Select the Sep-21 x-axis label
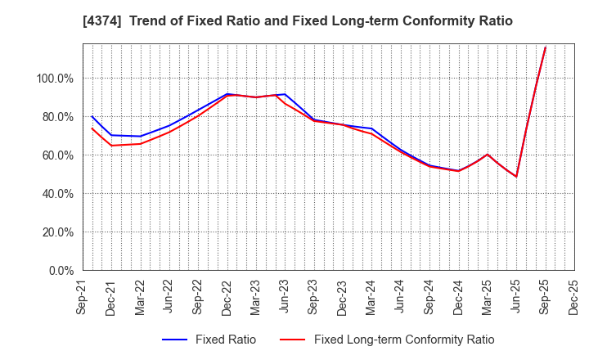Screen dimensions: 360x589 click(83, 296)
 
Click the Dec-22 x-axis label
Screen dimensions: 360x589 click(227, 296)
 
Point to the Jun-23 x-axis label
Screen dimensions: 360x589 click(284, 296)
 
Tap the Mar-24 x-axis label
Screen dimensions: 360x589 click(371, 296)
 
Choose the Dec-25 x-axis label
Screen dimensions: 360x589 click(573, 296)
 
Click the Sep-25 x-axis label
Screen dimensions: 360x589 click(544, 296)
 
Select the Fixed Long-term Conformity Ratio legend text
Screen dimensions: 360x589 click(403, 340)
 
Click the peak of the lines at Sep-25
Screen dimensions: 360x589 click(545, 47)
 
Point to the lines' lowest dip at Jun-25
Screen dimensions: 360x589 click(516, 176)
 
